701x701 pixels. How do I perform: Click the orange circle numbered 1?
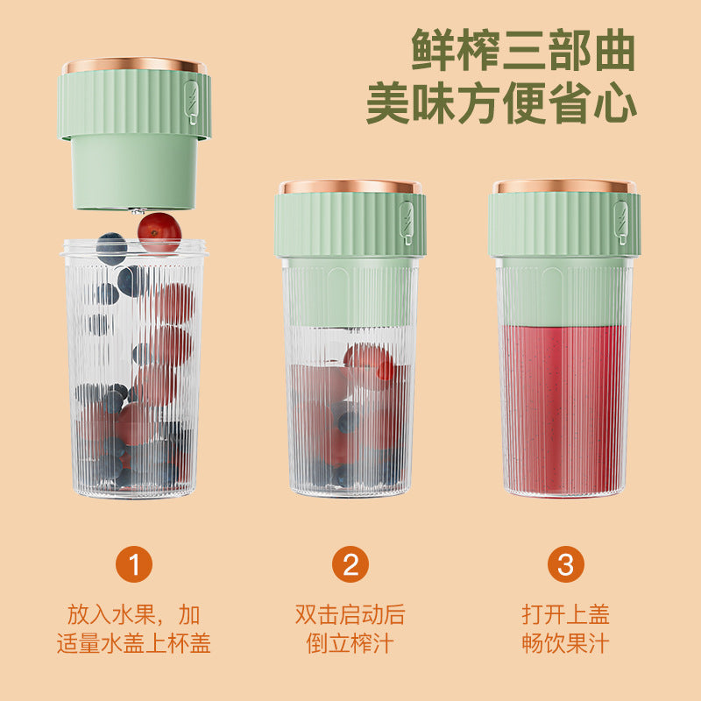pos(134,564)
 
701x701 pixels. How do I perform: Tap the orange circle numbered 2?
pos(350,564)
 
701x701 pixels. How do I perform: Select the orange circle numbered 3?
pos(565,564)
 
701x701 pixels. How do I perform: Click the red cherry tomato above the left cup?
pos(159,232)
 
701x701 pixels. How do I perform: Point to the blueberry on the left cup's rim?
pos(111,248)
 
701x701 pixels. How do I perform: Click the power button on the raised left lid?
pos(191,103)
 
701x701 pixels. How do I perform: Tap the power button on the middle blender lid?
pos(407,223)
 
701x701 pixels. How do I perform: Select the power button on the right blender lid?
pos(620,223)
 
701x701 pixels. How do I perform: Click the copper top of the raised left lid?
pos(134,66)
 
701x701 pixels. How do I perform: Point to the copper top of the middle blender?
pos(350,187)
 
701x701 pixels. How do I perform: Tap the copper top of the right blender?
pos(564,187)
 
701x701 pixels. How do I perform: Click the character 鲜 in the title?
pos(434,49)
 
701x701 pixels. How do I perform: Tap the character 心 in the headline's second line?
pos(615,103)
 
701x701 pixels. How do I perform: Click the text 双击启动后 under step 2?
pos(350,614)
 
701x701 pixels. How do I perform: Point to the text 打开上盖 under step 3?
pos(565,614)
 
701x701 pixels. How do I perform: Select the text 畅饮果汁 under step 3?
pos(565,643)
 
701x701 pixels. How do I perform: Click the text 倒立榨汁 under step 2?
pos(350,643)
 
